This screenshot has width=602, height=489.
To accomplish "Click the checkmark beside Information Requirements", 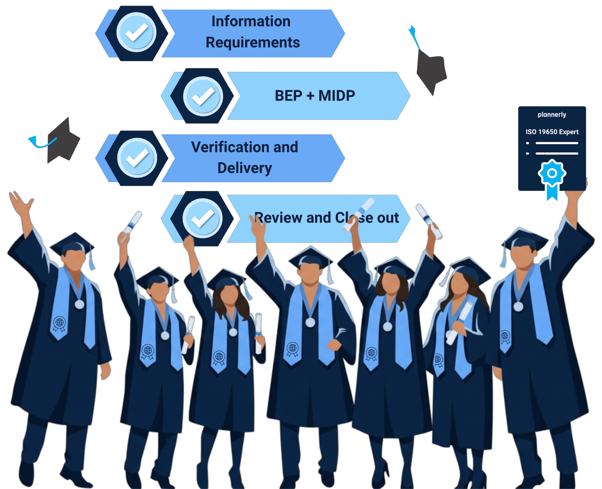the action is [x=137, y=32].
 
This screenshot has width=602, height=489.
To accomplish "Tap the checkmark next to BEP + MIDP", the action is [x=203, y=96].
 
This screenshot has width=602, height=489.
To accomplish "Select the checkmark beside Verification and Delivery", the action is [x=137, y=158].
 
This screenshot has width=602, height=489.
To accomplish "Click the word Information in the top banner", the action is [x=251, y=21].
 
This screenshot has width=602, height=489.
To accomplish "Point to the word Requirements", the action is [x=253, y=43].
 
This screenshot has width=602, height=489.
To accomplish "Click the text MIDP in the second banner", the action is [x=337, y=96].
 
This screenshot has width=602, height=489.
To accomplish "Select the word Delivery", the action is [x=245, y=168].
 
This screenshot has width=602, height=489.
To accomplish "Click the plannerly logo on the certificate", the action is [x=552, y=115].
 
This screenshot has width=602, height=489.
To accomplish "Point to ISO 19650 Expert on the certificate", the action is [x=552, y=132].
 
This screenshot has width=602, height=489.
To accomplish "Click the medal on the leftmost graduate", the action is [x=79, y=305].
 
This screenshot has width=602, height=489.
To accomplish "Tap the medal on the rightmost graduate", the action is [x=518, y=306].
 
